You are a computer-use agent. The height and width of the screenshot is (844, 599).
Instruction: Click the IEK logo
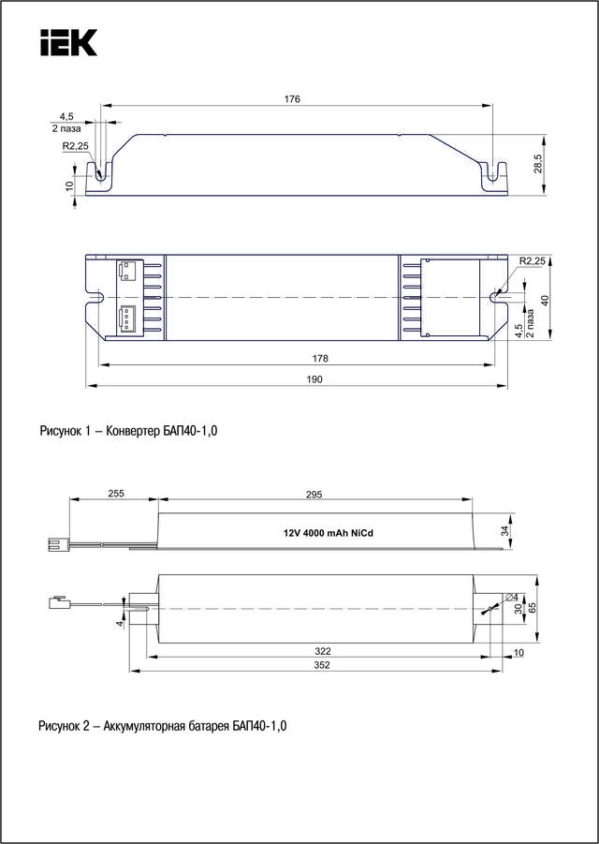[68, 43]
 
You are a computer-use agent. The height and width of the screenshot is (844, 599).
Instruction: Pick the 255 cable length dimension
[115, 494]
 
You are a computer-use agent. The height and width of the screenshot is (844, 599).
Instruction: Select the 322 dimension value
[323, 650]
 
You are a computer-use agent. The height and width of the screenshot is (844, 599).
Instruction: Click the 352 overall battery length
[323, 664]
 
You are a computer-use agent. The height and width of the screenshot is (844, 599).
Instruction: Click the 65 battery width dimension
[533, 607]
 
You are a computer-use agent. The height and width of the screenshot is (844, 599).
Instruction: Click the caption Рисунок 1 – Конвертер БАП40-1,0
[135, 431]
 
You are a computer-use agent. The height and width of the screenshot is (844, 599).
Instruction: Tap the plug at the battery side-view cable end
[55, 542]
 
